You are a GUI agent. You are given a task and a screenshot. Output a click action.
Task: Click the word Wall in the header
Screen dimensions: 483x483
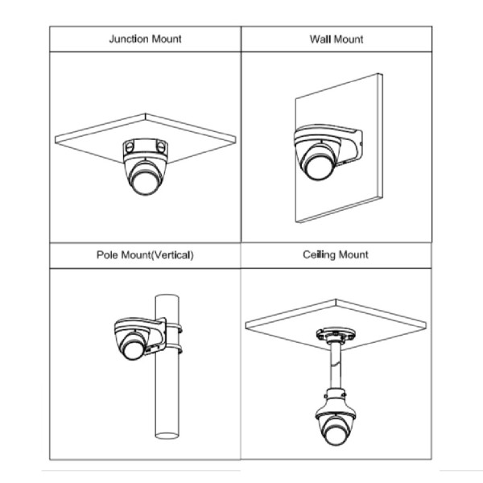tap(320, 39)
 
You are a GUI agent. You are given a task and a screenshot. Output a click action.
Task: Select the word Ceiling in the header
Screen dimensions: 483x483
tap(319, 254)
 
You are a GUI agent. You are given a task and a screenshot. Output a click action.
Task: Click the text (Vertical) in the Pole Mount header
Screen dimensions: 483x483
tap(173, 255)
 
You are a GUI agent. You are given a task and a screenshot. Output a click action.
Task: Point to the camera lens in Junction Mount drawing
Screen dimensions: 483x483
tap(146, 183)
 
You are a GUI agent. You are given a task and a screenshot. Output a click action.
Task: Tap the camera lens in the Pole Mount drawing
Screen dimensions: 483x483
tap(133, 350)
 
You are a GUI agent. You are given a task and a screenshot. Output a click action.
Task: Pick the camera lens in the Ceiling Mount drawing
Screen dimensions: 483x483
tap(335, 434)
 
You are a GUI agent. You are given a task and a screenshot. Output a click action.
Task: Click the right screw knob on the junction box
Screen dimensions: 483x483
tap(161, 146)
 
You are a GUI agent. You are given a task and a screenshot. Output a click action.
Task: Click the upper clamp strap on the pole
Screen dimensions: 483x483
tap(174, 328)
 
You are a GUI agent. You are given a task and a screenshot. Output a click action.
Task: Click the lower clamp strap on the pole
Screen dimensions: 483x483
tap(174, 349)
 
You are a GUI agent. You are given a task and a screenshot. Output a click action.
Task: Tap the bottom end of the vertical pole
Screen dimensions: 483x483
tap(167, 436)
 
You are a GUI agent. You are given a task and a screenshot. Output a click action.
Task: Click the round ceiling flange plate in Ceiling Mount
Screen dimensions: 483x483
tap(336, 335)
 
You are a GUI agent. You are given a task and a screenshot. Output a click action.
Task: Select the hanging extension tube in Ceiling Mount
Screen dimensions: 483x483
tap(336, 366)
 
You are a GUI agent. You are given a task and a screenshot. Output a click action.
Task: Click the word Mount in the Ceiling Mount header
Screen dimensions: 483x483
tap(353, 254)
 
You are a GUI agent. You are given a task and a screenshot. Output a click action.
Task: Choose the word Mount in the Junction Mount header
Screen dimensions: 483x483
tap(167, 39)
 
